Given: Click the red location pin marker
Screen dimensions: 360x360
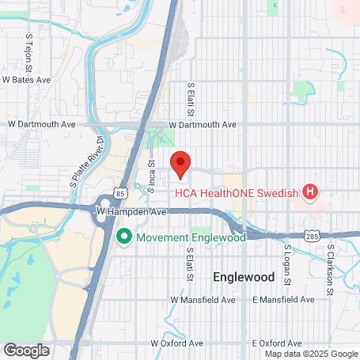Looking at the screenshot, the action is (x=180, y=165).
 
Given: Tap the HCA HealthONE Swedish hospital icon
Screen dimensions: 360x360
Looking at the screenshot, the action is (x=310, y=191).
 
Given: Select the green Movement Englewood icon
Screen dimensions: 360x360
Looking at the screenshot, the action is (x=123, y=237).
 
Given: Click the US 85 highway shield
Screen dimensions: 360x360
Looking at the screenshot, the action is (x=118, y=191).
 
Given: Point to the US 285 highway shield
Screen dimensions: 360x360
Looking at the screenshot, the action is (x=313, y=236).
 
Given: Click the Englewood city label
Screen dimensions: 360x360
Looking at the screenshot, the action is (x=244, y=278).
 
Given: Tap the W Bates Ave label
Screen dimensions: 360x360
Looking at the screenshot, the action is (x=26, y=80).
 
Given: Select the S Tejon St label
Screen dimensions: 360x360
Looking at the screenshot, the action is (x=30, y=47).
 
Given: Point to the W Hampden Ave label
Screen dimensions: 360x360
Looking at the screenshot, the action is (x=131, y=212).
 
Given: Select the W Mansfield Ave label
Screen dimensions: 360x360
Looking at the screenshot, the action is (x=203, y=301).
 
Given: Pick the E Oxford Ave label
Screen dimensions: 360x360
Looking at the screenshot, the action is (x=277, y=343).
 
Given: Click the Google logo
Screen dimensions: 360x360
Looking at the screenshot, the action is (x=26, y=350).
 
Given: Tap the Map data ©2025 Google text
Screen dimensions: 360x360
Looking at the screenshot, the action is (x=311, y=354).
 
